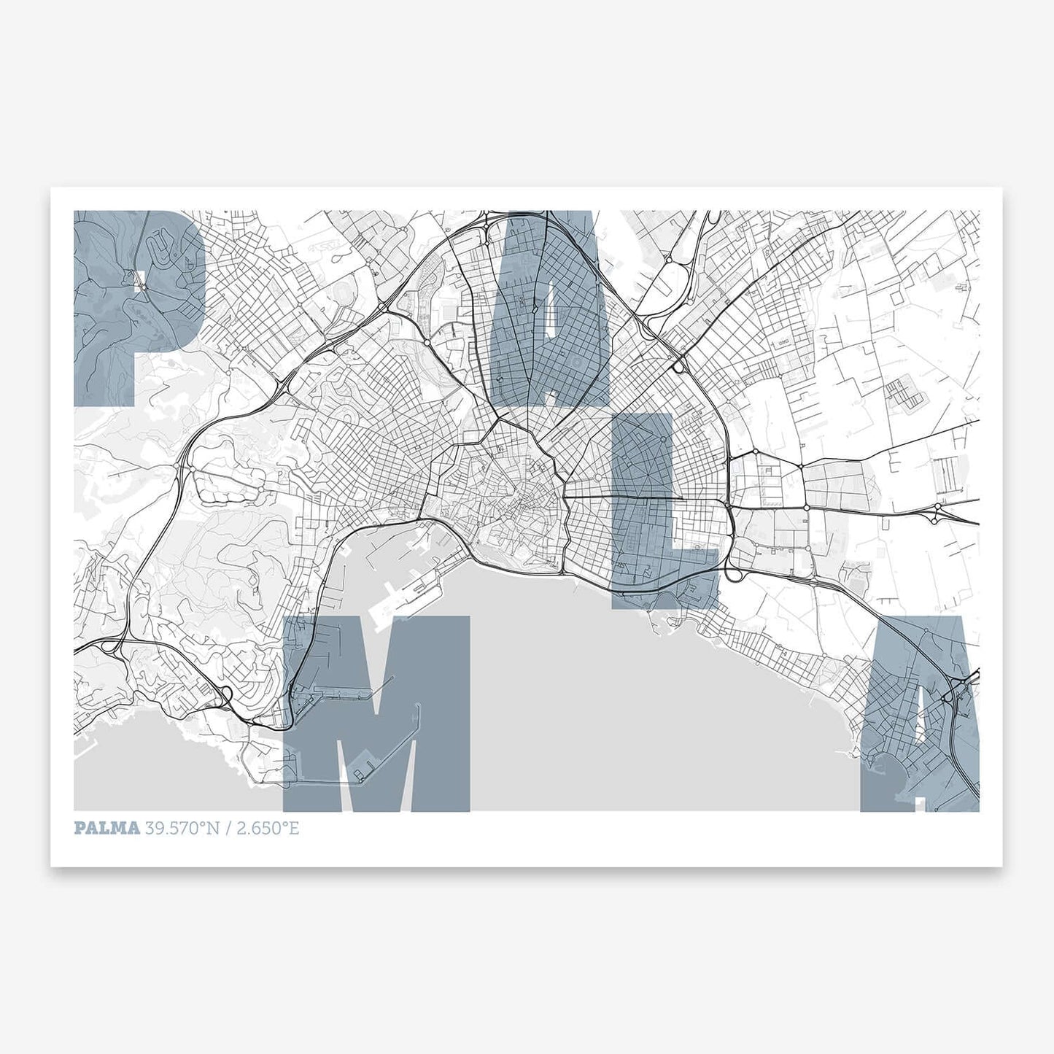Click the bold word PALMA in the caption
(x=106, y=828)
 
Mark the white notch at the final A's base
(x=921, y=802)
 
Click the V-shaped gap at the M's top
(x=376, y=656)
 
